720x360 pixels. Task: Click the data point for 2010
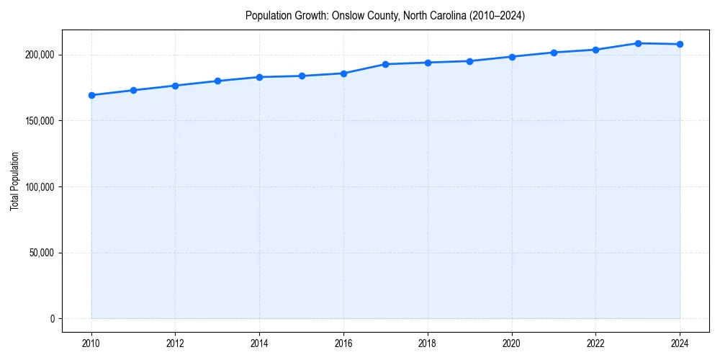click(91, 95)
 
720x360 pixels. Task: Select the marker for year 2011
click(133, 90)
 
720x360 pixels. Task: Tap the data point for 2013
click(217, 81)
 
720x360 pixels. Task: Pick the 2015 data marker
click(302, 76)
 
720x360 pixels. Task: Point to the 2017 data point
click(386, 64)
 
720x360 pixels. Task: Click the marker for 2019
click(469, 61)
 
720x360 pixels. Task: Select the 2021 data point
click(554, 53)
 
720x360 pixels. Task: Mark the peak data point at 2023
click(638, 43)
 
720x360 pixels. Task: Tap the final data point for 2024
click(680, 44)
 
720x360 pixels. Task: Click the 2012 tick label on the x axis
click(176, 343)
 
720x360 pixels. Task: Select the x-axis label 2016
click(343, 343)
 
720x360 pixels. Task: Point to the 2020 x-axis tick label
click(512, 343)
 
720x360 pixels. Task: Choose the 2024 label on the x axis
click(680, 343)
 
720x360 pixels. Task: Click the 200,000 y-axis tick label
click(40, 55)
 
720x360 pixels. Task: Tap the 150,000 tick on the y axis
click(40, 121)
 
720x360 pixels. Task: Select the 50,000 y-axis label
click(42, 253)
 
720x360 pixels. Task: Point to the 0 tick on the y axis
click(52, 319)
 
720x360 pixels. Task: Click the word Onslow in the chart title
click(346, 15)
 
